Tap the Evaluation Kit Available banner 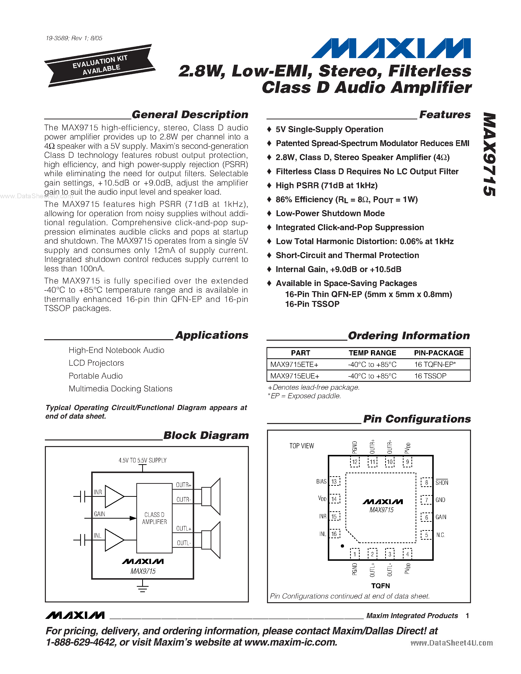pyautogui.click(x=100, y=65)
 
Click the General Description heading pyautogui.click(x=190, y=114)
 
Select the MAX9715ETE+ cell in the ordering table pyautogui.click(x=294, y=364)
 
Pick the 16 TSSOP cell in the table pyautogui.click(x=430, y=376)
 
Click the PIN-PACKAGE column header pyautogui.click(x=439, y=353)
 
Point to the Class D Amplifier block pyautogui.click(x=154, y=518)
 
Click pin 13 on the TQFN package pyautogui.click(x=334, y=481)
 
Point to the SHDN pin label pyautogui.click(x=442, y=483)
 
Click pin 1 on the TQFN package pyautogui.click(x=355, y=554)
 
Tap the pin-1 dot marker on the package pyautogui.click(x=342, y=546)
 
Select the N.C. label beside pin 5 pyautogui.click(x=440, y=535)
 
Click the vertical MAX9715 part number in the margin pyautogui.click(x=490, y=154)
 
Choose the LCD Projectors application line pyautogui.click(x=96, y=363)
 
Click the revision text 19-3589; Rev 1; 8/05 pyautogui.click(x=74, y=38)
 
